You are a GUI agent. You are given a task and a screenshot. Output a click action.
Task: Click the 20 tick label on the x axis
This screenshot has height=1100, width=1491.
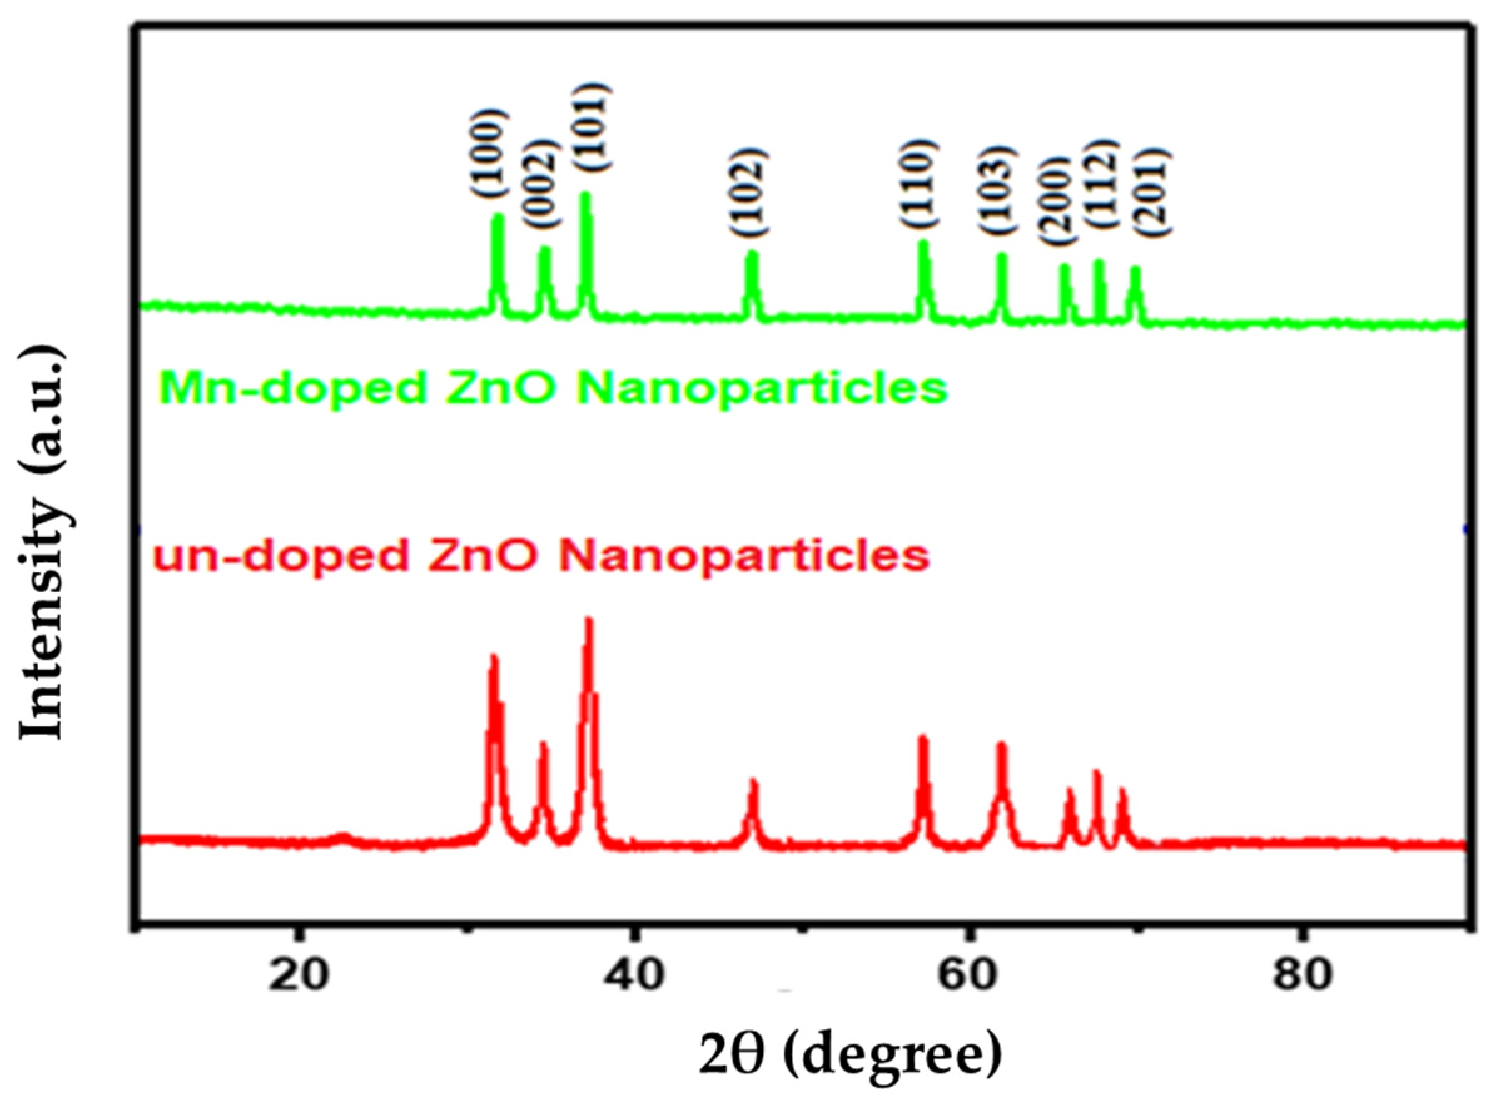point(301,976)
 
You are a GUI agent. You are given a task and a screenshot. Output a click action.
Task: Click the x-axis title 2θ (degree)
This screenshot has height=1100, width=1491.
point(849,1060)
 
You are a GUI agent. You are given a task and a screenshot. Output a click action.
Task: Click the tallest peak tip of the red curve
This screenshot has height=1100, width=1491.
point(588,620)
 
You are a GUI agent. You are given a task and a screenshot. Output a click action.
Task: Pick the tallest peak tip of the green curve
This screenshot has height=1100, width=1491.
point(586,195)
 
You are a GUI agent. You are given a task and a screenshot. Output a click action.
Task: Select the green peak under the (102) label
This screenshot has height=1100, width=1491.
point(752,254)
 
